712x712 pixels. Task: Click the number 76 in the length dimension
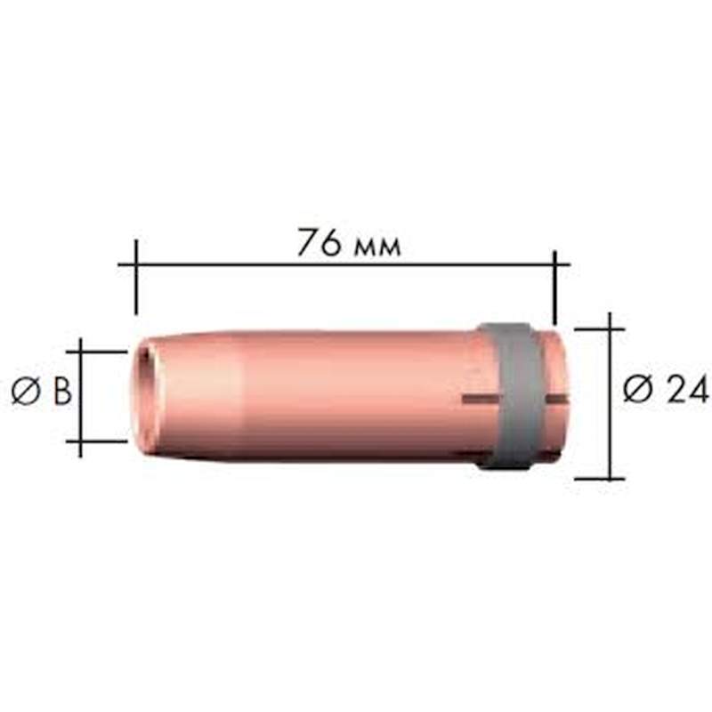pos(318,243)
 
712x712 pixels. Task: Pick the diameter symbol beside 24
pos(637,389)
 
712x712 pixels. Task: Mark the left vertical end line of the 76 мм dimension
pos(135,276)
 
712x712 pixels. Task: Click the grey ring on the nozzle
pos(509,393)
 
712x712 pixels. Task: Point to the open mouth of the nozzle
pos(142,394)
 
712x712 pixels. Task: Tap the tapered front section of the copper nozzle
pos(196,394)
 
